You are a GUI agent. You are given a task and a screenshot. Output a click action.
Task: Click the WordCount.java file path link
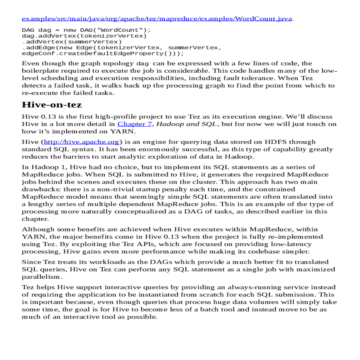157,19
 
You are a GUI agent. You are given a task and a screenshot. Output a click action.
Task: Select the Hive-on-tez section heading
52,105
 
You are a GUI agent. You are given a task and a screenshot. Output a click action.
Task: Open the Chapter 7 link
134,124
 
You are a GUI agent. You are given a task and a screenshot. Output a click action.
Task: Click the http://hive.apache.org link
82,142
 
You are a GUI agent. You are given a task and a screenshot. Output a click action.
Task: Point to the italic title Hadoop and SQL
187,124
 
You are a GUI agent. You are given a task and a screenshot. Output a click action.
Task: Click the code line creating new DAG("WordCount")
86,30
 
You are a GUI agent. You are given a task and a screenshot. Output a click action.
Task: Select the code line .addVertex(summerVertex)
72,42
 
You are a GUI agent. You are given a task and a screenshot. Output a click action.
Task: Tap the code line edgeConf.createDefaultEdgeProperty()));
103,53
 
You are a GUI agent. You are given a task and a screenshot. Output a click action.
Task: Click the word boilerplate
40,71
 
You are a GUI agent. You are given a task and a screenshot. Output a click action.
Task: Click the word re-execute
36,93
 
